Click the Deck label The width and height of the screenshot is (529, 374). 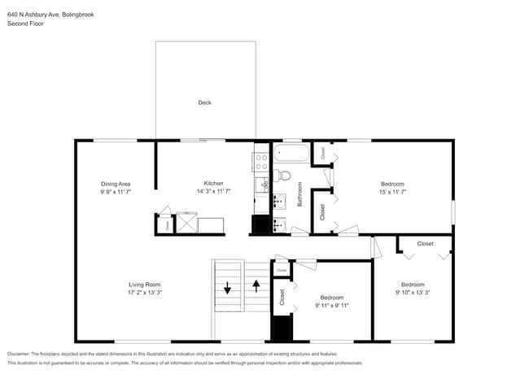coord(204,102)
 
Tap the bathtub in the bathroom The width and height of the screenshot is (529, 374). coord(291,152)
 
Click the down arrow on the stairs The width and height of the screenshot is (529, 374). coord(227,286)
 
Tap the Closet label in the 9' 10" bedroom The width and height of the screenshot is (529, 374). coord(425,243)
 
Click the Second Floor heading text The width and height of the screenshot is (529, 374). coord(25,24)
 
